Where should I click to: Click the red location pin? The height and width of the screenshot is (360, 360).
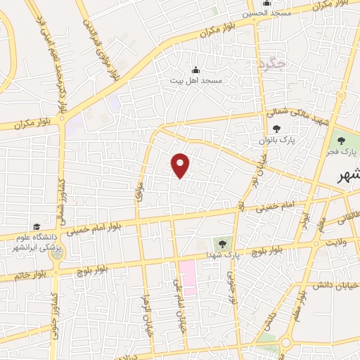click(x=181, y=165)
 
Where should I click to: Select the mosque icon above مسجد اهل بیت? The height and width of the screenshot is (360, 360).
click(x=195, y=70)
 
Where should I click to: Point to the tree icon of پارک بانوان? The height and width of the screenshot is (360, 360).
click(x=276, y=129)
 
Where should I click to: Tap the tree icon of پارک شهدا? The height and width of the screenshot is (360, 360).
click(x=223, y=243)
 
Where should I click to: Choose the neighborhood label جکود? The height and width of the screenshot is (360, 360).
click(x=272, y=63)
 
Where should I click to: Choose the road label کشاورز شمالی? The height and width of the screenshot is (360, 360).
click(x=61, y=198)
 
